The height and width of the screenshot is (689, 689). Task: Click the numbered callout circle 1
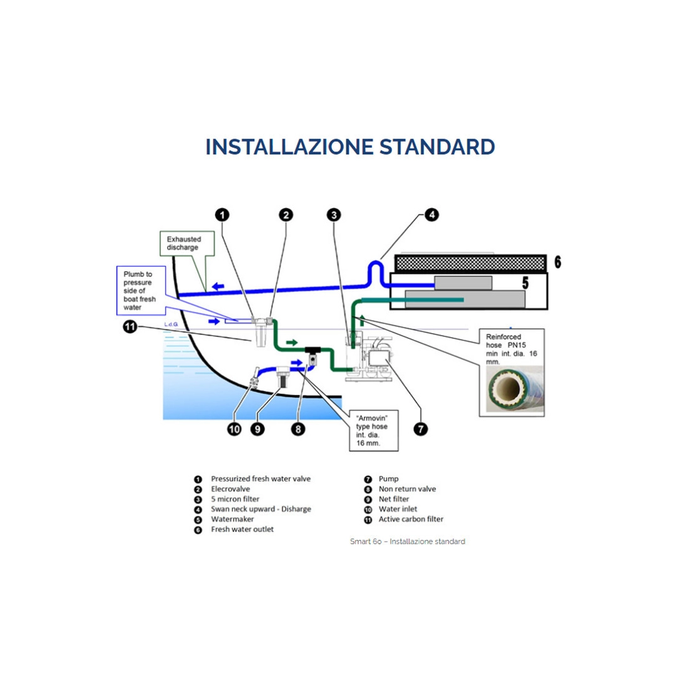tap(222, 215)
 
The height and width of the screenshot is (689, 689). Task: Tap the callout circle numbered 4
tap(432, 215)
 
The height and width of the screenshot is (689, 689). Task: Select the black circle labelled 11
tap(130, 327)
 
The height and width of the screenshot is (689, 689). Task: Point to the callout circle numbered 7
tap(420, 429)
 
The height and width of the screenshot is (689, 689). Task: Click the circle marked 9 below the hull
tap(257, 429)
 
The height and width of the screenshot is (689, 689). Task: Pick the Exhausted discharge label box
tap(187, 244)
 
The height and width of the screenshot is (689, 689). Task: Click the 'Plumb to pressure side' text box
tap(141, 291)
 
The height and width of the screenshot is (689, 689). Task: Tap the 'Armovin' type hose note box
tap(374, 431)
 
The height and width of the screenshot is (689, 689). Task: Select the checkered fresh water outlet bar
tap(470, 263)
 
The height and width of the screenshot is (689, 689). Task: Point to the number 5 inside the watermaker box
tap(526, 283)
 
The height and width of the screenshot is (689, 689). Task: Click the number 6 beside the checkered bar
tap(557, 262)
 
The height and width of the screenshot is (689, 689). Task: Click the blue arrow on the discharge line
tap(218, 286)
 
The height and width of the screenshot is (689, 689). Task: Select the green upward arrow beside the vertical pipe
tap(362, 319)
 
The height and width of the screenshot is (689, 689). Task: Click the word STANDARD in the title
tap(437, 147)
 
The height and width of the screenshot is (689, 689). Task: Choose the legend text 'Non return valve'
tap(407, 489)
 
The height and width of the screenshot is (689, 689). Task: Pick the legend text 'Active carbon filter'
tap(411, 519)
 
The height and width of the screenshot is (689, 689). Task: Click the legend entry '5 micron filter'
tap(235, 499)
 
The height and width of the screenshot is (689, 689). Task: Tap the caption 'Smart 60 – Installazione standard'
tap(407, 541)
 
